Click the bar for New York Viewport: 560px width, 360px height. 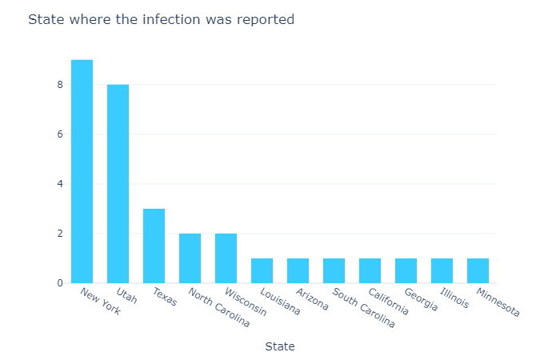(82, 171)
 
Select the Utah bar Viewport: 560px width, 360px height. (118, 184)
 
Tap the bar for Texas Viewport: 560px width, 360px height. (154, 246)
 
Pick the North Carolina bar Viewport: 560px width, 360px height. (190, 258)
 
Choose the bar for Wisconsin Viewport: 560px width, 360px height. (226, 258)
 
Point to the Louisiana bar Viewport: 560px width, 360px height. (262, 270)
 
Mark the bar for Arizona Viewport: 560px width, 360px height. (298, 270)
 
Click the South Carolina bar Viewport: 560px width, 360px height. (334, 270)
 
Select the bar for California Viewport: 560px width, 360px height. (370, 270)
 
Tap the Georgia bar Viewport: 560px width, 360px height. (406, 270)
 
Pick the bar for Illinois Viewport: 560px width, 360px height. (442, 270)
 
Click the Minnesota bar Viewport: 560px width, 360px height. (478, 270)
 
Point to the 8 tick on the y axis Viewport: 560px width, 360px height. (58, 84)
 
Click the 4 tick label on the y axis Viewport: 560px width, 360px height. (58, 184)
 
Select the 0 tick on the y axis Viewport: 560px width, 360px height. (58, 283)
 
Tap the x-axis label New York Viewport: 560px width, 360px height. (100, 302)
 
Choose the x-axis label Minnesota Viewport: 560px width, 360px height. (498, 302)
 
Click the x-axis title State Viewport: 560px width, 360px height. (280, 346)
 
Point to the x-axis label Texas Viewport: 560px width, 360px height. (164, 297)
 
